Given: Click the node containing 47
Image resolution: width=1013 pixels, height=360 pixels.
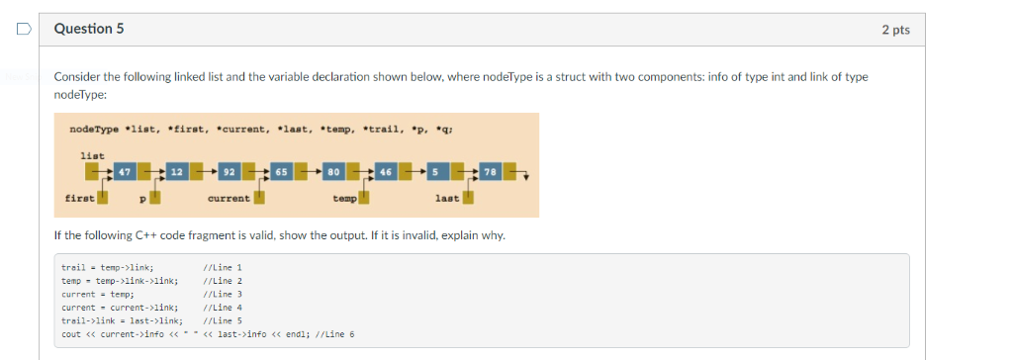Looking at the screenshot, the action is pyautogui.click(x=125, y=172).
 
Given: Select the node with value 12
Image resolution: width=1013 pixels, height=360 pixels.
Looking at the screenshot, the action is pyautogui.click(x=176, y=172).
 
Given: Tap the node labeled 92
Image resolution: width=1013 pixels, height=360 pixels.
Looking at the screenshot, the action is pyautogui.click(x=229, y=172).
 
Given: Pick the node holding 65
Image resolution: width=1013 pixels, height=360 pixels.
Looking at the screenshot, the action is pyautogui.click(x=281, y=172).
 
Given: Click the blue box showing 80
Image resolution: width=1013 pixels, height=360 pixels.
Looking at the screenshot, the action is pyautogui.click(x=333, y=172).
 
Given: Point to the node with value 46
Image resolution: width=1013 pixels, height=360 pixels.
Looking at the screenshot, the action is pyautogui.click(x=386, y=172).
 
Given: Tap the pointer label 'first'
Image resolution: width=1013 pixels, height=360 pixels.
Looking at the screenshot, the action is pyautogui.click(x=80, y=198).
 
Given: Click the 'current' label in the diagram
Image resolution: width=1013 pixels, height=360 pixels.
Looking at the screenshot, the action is pyautogui.click(x=229, y=198).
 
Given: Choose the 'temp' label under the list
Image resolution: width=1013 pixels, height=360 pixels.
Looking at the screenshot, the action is pyautogui.click(x=344, y=198).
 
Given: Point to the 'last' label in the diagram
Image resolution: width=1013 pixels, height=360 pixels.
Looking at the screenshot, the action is pyautogui.click(x=447, y=198).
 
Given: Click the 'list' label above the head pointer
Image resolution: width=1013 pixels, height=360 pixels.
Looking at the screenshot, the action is pyautogui.click(x=92, y=155).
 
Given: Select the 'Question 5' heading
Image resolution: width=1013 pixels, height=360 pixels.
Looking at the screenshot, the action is pyautogui.click(x=89, y=29).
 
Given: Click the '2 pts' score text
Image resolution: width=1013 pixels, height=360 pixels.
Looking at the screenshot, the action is pyautogui.click(x=894, y=30).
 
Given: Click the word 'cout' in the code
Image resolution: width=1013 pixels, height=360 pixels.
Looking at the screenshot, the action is pyautogui.click(x=71, y=333).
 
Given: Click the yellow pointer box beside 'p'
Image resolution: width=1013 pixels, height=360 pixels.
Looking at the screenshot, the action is pyautogui.click(x=155, y=197).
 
